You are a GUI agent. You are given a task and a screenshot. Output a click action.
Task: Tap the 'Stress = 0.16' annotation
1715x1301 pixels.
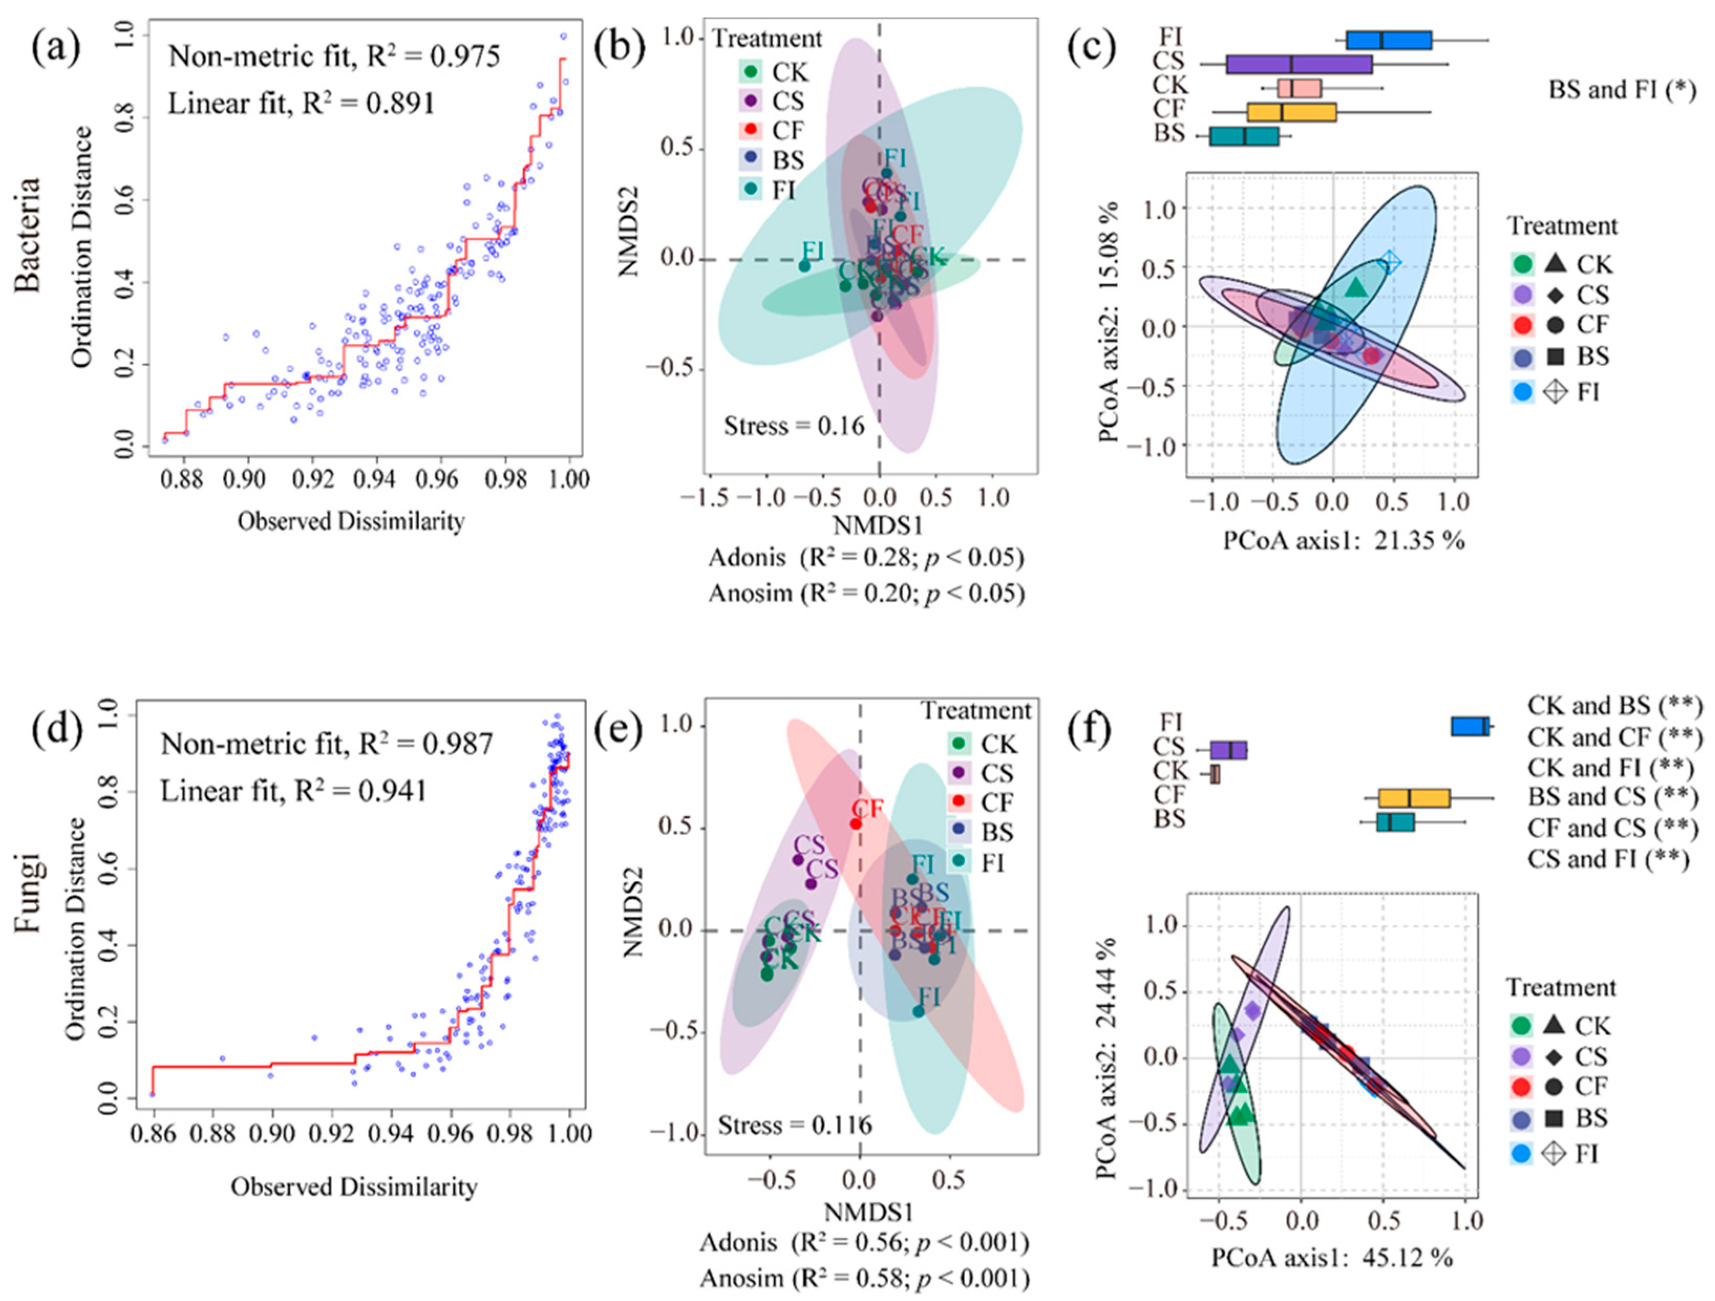tap(794, 426)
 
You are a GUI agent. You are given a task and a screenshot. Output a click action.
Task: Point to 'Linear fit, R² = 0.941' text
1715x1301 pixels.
tap(294, 791)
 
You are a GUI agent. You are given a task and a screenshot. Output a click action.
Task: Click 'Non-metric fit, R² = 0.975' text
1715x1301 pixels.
tap(334, 57)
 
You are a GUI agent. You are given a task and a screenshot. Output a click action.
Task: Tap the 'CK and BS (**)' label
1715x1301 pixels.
tap(1615, 706)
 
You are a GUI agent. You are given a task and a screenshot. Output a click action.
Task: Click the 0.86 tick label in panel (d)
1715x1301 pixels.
tap(154, 1134)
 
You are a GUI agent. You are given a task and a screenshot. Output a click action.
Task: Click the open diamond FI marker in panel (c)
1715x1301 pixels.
tap(1390, 262)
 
